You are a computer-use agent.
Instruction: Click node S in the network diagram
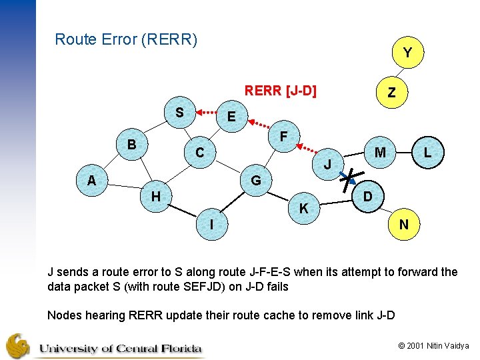pyautogui.click(x=179, y=111)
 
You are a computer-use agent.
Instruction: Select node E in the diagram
pyautogui.click(x=231, y=117)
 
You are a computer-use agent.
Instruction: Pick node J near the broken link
pyautogui.click(x=327, y=164)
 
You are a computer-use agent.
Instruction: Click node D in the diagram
pyautogui.click(x=368, y=197)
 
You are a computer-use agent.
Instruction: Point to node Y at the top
pyautogui.click(x=407, y=52)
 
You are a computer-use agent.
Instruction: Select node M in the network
pyautogui.click(x=380, y=153)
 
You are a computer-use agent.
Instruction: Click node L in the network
pyautogui.click(x=427, y=153)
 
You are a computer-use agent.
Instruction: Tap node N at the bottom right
pyautogui.click(x=404, y=225)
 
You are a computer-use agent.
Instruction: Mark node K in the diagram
pyautogui.click(x=303, y=209)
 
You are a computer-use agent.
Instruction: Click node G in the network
pyautogui.click(x=256, y=181)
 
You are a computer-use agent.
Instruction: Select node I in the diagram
pyautogui.click(x=212, y=225)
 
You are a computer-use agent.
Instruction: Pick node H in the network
pyautogui.click(x=155, y=196)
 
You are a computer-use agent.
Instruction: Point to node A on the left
pyautogui.click(x=91, y=180)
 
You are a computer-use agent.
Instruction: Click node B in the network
pyautogui.click(x=132, y=145)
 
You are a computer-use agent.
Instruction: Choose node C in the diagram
pyautogui.click(x=199, y=153)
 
